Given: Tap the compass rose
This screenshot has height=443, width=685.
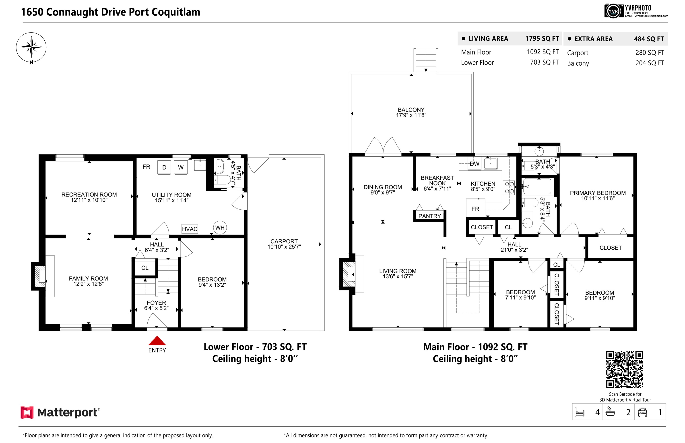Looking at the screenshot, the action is [x=31, y=48].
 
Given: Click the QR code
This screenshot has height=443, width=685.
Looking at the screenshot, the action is [x=625, y=369].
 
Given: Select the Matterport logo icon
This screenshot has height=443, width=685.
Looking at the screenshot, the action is [x=27, y=412].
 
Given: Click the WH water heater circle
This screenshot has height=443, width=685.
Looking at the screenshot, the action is [x=220, y=228].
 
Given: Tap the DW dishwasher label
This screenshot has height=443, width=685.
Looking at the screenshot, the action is [x=475, y=164].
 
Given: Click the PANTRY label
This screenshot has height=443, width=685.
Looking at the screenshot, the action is [x=430, y=216].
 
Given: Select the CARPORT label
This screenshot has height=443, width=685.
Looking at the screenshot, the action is [x=284, y=241].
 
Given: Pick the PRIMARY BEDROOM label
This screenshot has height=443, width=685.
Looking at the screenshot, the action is [x=598, y=193].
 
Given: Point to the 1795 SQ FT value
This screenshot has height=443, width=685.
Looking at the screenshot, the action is [x=542, y=39].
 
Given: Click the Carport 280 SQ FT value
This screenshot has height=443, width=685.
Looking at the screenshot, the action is [x=650, y=53].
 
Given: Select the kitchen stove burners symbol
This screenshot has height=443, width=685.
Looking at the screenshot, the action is [x=509, y=188].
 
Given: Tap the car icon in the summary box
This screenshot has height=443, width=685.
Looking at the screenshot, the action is [x=642, y=412].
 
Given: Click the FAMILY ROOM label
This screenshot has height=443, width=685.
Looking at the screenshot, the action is [x=88, y=278].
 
